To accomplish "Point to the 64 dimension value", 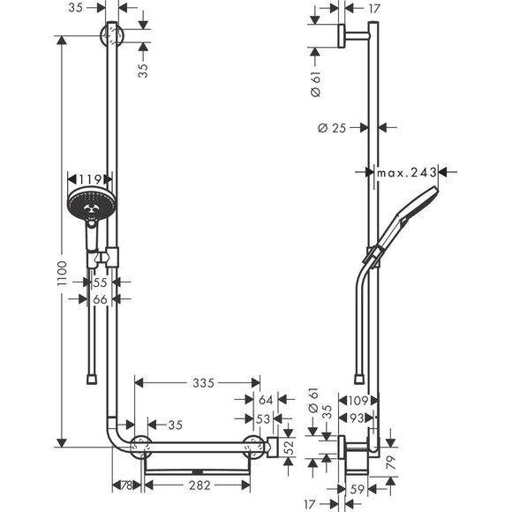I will tap(267, 400).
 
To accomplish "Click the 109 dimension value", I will tap(357, 400).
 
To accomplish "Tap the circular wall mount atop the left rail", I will tap(113, 37).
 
